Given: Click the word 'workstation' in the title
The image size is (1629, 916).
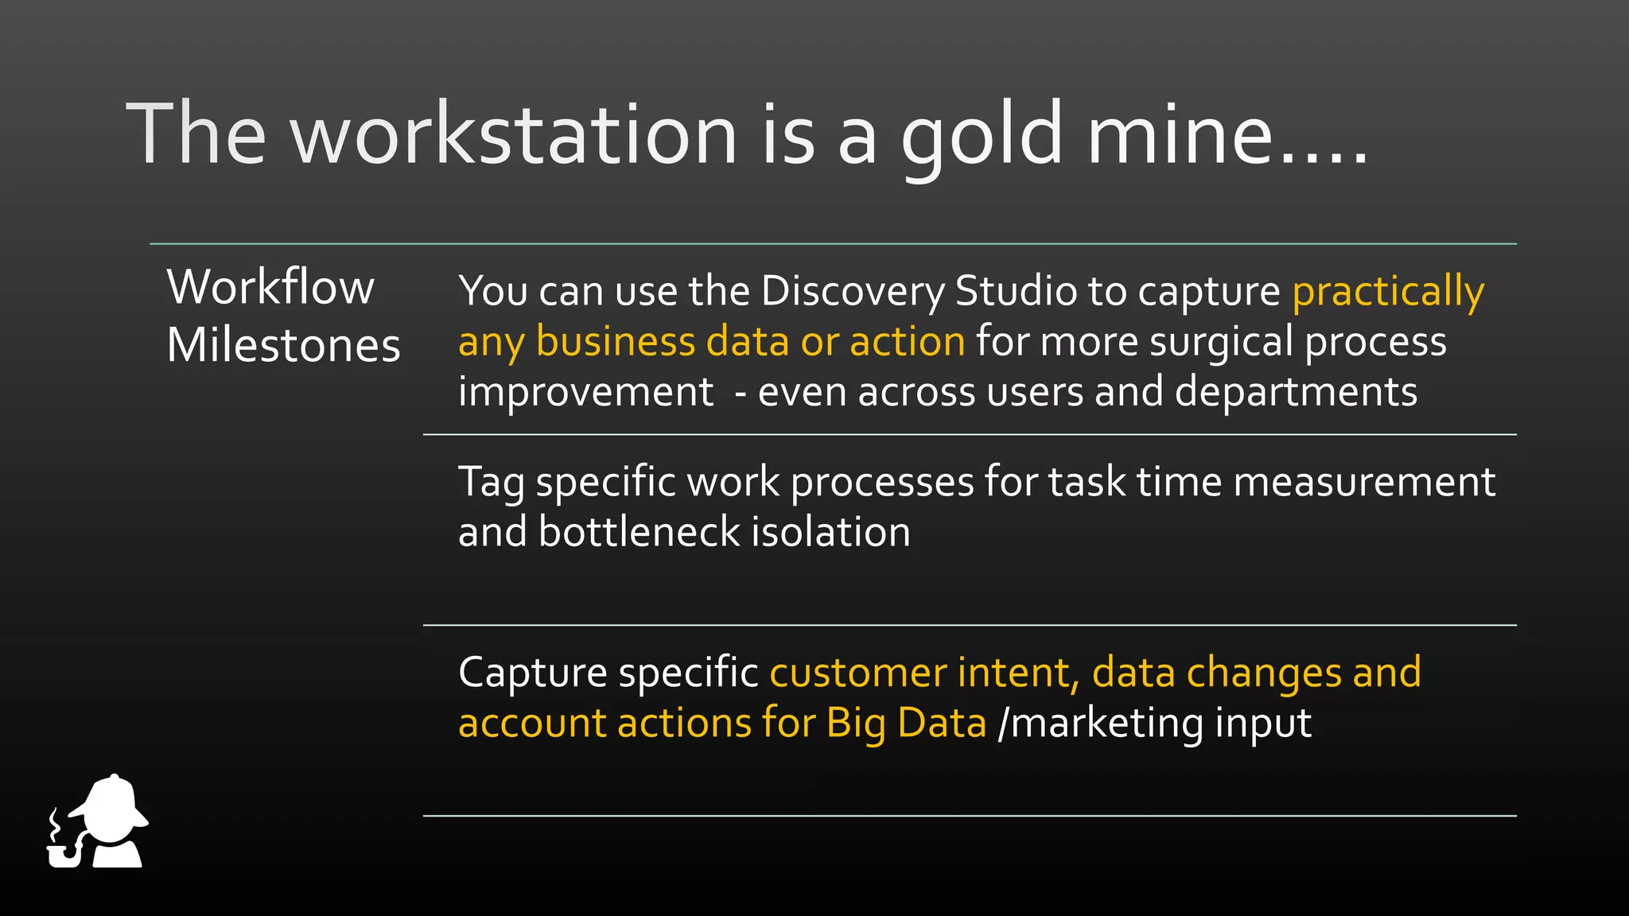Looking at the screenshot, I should [x=515, y=135].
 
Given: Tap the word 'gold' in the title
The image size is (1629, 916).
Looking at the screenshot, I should [x=982, y=135].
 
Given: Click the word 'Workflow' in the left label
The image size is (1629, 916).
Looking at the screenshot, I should [x=270, y=287].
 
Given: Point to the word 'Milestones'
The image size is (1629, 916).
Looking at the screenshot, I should [x=283, y=346].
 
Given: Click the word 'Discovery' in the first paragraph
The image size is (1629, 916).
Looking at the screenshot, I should [x=853, y=292].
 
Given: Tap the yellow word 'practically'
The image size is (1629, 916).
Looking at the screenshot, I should [x=1388, y=292].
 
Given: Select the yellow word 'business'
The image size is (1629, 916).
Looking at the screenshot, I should [x=616, y=342].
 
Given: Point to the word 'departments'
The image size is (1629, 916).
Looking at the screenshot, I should [x=1296, y=393].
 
